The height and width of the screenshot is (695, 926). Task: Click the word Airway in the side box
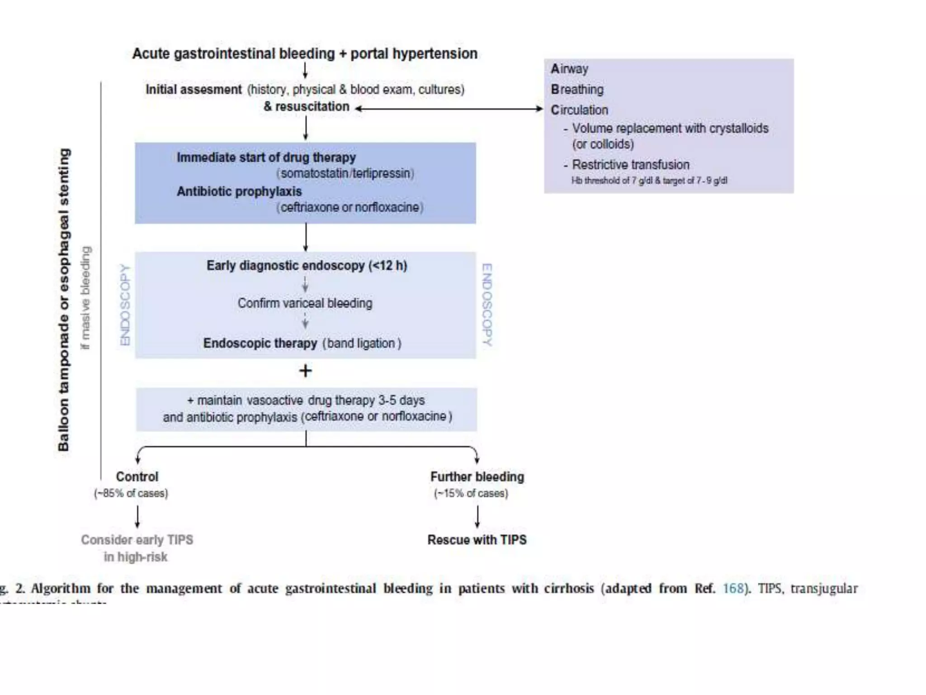(569, 69)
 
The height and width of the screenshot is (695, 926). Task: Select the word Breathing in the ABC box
(577, 90)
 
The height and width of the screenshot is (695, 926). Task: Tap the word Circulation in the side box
(579, 110)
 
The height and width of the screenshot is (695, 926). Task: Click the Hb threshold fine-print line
(649, 181)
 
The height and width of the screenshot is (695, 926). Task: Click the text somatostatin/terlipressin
(345, 173)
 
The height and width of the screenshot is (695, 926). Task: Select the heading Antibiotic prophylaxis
(239, 191)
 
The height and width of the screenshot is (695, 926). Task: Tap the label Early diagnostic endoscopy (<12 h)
(307, 266)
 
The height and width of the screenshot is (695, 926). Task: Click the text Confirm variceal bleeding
(305, 303)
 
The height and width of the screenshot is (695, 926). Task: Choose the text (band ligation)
(362, 343)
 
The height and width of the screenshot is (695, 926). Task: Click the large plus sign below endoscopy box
(306, 371)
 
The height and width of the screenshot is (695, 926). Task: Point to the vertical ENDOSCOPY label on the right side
(487, 305)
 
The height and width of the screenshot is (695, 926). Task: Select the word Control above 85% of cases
(137, 476)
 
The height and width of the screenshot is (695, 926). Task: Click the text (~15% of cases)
(471, 493)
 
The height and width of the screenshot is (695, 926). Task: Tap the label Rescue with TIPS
(477, 540)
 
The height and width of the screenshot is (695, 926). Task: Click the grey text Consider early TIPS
(137, 540)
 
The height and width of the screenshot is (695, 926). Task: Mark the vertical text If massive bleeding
(85, 298)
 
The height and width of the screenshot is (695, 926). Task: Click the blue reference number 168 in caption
(733, 588)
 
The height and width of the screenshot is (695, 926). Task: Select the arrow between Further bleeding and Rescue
(477, 516)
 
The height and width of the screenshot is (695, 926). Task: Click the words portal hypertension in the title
(414, 54)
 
